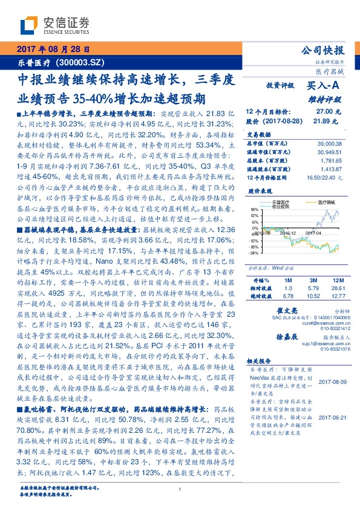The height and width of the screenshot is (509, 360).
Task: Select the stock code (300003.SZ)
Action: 79,62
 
